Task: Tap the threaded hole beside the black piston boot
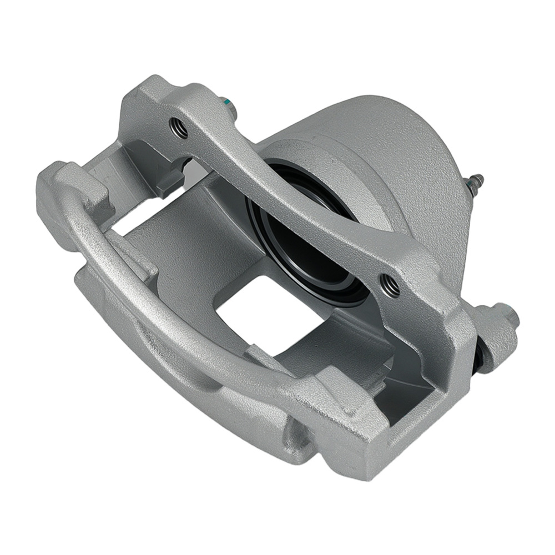pos(390,285)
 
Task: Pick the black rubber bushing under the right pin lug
pos(484,355)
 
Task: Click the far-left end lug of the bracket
pos(61,189)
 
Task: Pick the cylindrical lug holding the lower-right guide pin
pos(494,333)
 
